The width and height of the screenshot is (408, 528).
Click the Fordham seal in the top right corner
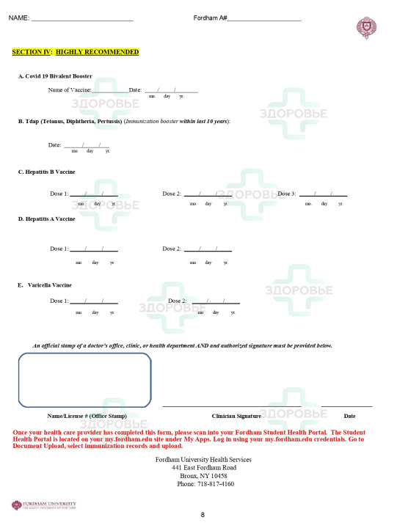tap(366, 28)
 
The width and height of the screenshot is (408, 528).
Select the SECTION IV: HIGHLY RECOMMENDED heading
tap(76, 52)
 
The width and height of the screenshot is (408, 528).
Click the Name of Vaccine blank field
tap(110, 90)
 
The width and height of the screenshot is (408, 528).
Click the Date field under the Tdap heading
tap(87, 145)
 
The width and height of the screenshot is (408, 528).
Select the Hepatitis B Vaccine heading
tap(46, 172)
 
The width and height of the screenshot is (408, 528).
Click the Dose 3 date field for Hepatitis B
tap(323, 194)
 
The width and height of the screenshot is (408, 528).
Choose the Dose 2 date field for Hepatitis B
tap(208, 194)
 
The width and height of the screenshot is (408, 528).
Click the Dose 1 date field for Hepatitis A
tap(94, 249)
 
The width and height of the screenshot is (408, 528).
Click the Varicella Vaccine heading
tap(45, 285)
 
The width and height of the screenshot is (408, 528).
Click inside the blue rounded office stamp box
tap(84, 379)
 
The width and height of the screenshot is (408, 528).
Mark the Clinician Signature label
tap(236, 416)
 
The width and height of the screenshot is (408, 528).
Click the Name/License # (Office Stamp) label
tap(87, 416)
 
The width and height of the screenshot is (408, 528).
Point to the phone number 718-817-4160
tap(205, 484)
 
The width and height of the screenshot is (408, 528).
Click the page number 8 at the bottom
tap(203, 515)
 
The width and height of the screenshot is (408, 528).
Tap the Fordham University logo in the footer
tap(43, 505)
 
